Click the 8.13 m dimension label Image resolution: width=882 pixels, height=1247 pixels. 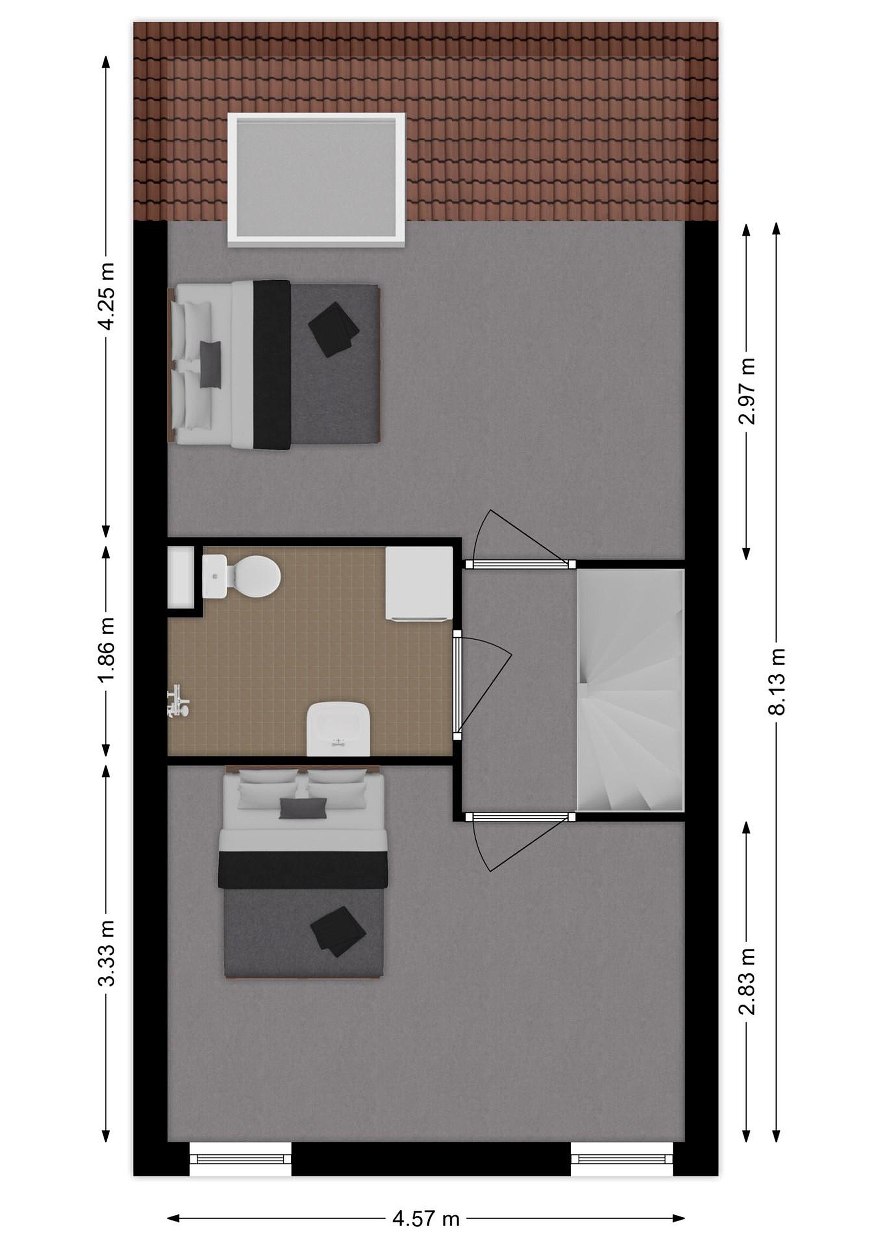(777, 681)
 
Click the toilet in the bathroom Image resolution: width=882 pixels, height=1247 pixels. (241, 576)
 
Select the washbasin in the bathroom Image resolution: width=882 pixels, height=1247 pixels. (339, 728)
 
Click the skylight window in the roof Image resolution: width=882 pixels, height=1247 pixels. (317, 180)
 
